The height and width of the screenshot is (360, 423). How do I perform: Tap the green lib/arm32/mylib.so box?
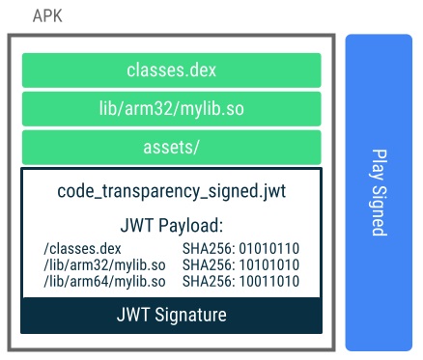[x=172, y=109]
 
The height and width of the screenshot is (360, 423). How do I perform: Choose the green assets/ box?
[x=172, y=148]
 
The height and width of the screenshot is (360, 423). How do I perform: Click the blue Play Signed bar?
[x=379, y=193]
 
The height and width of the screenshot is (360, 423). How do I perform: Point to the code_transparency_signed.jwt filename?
[x=172, y=191]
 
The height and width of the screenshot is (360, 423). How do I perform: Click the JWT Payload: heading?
[x=172, y=226]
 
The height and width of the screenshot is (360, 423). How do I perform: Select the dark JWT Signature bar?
[x=172, y=315]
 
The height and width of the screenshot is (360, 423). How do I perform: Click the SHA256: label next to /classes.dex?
[x=207, y=248]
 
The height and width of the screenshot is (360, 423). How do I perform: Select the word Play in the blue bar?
[x=379, y=163]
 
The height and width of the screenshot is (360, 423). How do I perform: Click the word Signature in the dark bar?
[x=190, y=315]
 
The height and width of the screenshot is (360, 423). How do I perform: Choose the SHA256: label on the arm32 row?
[x=207, y=263]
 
